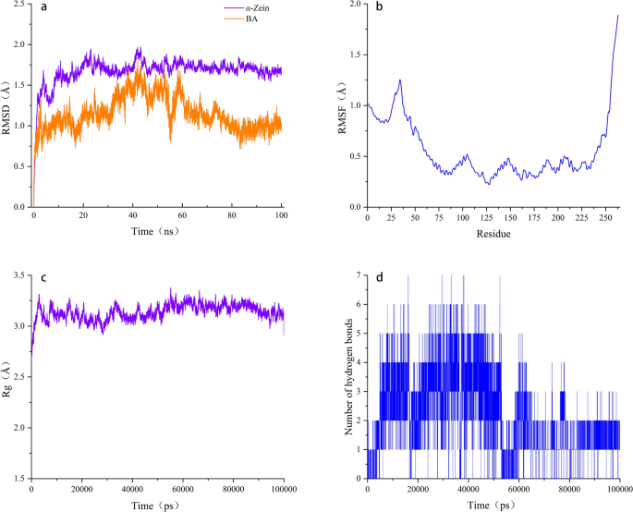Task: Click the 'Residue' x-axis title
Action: (x=493, y=235)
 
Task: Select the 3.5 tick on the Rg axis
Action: (x=20, y=276)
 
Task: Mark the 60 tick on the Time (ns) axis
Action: (x=182, y=218)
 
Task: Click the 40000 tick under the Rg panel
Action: (x=132, y=490)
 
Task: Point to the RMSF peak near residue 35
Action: (x=400, y=80)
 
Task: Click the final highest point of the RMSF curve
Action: (x=617, y=16)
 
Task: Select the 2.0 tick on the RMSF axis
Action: (x=355, y=5)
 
